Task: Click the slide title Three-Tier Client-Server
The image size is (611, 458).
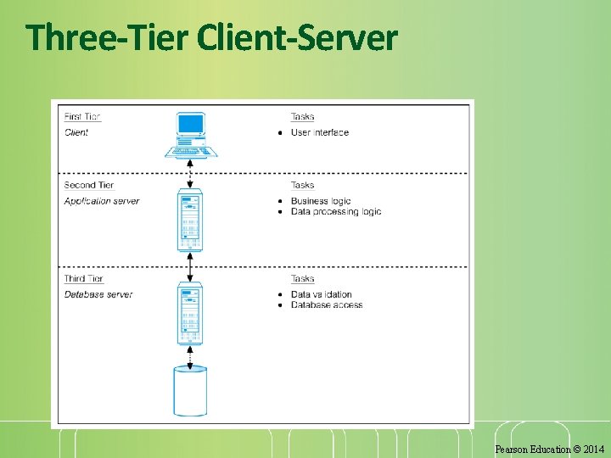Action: click(211, 38)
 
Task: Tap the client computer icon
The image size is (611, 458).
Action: click(190, 135)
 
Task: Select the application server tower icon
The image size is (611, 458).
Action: click(190, 221)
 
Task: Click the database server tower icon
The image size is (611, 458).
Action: click(190, 315)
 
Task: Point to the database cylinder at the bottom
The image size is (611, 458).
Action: click(190, 391)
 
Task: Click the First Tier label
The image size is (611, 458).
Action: click(82, 117)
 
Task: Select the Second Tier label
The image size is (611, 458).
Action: click(89, 185)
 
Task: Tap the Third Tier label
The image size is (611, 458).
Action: click(84, 278)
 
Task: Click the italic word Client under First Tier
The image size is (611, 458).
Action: click(76, 132)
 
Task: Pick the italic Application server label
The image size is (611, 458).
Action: click(102, 201)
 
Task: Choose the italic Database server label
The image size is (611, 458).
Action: click(98, 294)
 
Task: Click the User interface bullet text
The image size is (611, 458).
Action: click(320, 132)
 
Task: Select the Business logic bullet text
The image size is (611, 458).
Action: click(321, 201)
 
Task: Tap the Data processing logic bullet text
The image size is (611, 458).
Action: click(336, 211)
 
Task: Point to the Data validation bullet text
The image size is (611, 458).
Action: click(322, 294)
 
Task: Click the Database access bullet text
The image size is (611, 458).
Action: click(327, 304)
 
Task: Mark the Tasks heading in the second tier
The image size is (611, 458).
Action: click(302, 185)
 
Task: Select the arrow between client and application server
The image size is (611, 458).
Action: click(190, 175)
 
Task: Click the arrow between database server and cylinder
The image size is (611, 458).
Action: click(190, 356)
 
